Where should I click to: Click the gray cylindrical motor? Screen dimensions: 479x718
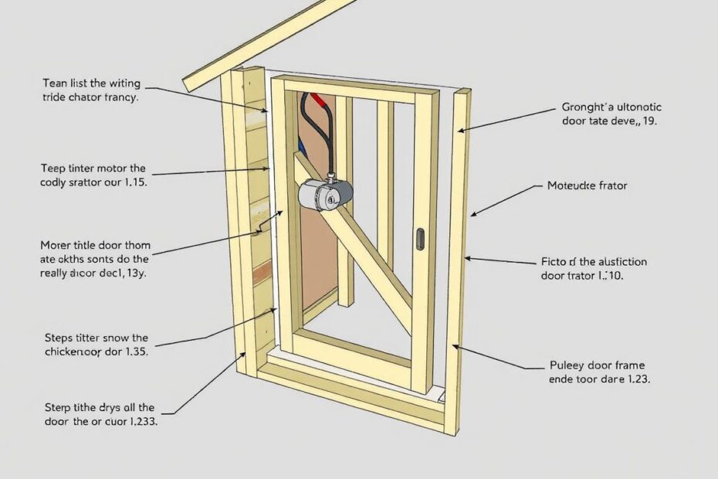click(325, 195)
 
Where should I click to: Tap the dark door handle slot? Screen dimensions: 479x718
click(420, 238)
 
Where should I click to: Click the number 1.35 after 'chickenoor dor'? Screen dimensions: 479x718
click(133, 352)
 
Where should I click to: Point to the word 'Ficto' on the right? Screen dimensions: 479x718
click(550, 261)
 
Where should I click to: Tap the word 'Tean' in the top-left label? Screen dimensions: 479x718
click(56, 83)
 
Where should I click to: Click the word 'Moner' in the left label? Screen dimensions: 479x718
click(56, 245)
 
